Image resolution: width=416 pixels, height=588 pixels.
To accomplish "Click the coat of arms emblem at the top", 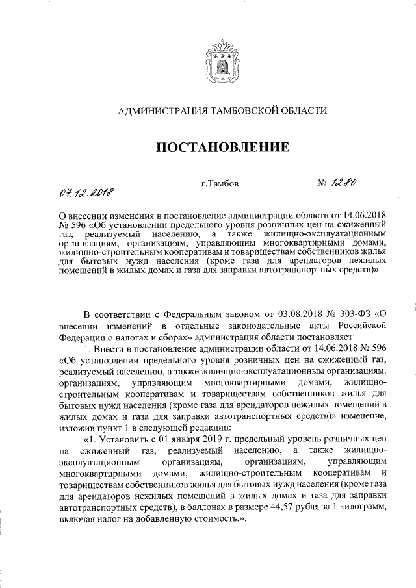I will click(220, 58).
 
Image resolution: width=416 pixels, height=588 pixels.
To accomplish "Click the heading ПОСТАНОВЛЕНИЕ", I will click(221, 148).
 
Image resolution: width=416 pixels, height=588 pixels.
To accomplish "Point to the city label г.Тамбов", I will click(220, 184).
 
